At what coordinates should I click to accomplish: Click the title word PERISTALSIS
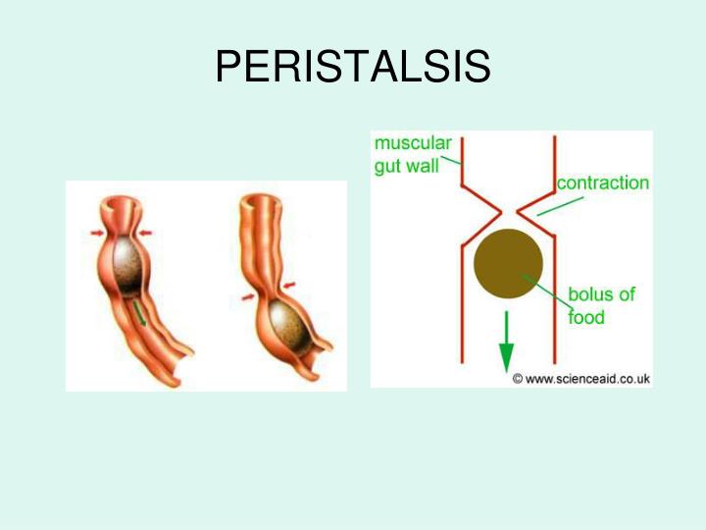click(x=352, y=68)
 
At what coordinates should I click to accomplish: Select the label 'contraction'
click(x=602, y=184)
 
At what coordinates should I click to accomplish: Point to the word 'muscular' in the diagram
click(x=412, y=143)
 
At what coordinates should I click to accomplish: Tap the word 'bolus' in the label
click(x=589, y=294)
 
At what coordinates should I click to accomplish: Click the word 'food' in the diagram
click(x=586, y=317)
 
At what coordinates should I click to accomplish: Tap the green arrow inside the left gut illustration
click(x=141, y=312)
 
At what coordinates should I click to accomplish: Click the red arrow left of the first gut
click(x=94, y=233)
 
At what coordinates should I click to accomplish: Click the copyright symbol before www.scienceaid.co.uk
click(x=519, y=378)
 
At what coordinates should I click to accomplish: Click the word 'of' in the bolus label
click(x=626, y=294)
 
